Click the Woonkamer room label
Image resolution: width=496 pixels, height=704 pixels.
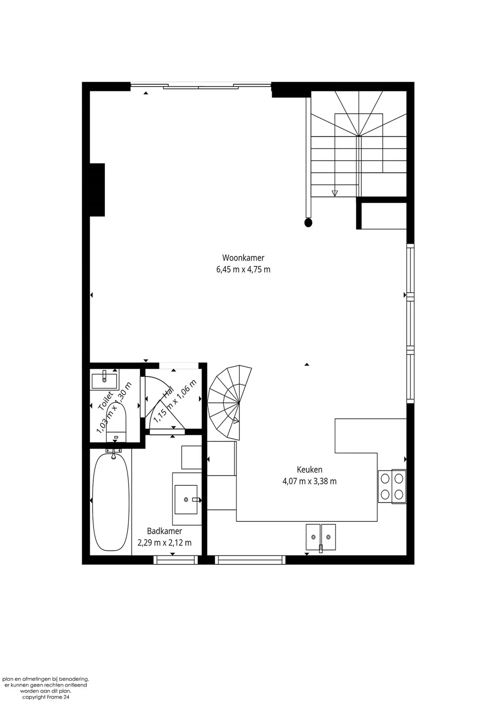pyautogui.click(x=243, y=257)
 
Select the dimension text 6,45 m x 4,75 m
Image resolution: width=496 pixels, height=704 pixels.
pyautogui.click(x=243, y=269)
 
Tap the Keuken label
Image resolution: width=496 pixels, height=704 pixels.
pyautogui.click(x=309, y=469)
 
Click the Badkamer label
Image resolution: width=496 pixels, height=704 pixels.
pyautogui.click(x=164, y=531)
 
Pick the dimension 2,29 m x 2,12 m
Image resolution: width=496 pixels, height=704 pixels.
pyautogui.click(x=164, y=543)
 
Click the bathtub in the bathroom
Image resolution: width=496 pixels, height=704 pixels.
pyautogui.click(x=110, y=502)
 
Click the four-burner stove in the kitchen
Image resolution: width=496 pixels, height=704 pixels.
pyautogui.click(x=392, y=486)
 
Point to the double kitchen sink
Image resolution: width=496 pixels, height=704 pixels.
pyautogui.click(x=321, y=537)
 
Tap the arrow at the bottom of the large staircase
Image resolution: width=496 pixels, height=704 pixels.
pyautogui.click(x=335, y=193)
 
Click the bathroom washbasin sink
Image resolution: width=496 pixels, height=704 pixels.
pyautogui.click(x=186, y=500)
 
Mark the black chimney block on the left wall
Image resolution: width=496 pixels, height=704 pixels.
pyautogui.click(x=97, y=190)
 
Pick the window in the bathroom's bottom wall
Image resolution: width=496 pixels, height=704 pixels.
pyautogui.click(x=176, y=560)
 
